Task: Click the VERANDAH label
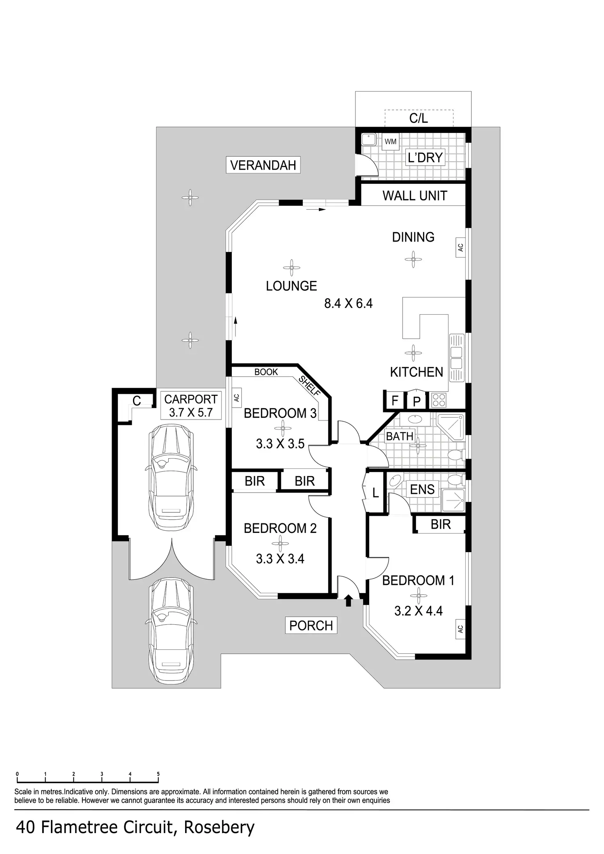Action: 263,165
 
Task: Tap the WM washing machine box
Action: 391,142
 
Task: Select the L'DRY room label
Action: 425,158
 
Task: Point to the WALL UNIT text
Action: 415,196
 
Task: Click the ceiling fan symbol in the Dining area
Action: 413,259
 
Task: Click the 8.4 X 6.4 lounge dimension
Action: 348,304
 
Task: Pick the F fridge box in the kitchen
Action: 395,400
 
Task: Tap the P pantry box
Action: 417,401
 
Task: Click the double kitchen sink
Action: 456,358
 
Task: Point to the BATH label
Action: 400,436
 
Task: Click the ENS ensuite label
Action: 422,489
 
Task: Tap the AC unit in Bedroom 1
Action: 460,629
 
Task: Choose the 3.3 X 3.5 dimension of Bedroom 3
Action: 280,444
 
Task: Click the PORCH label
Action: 311,626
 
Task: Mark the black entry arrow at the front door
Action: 348,601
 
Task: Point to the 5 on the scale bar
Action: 158,774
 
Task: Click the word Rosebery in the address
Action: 219,827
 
